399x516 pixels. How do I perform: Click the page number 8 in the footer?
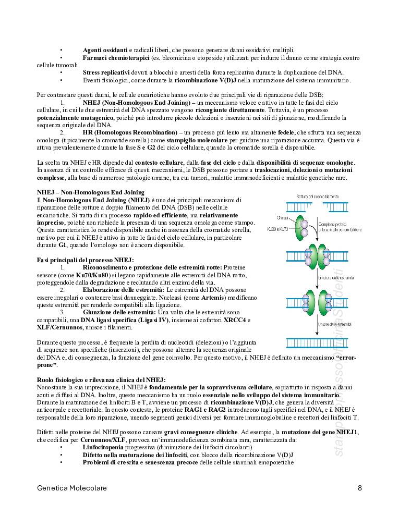pyautogui.click(x=360, y=488)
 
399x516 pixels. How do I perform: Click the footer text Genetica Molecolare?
pyautogui.click(x=72, y=488)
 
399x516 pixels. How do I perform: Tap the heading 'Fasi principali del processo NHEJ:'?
pyautogui.click(x=85, y=260)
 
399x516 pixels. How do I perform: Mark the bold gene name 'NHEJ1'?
pyautogui.click(x=345, y=433)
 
